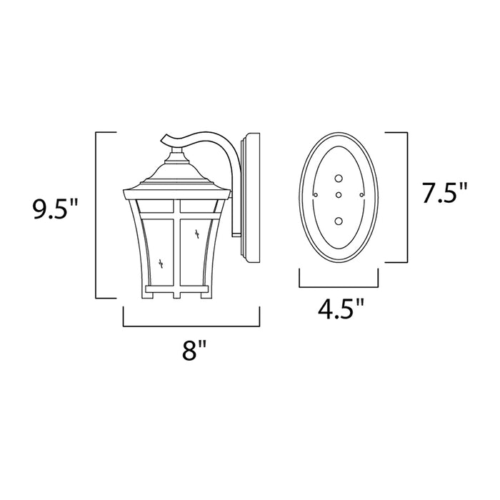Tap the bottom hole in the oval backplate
pos(339,220)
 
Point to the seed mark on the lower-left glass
pos(164,263)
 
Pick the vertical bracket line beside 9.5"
pos(96,214)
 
